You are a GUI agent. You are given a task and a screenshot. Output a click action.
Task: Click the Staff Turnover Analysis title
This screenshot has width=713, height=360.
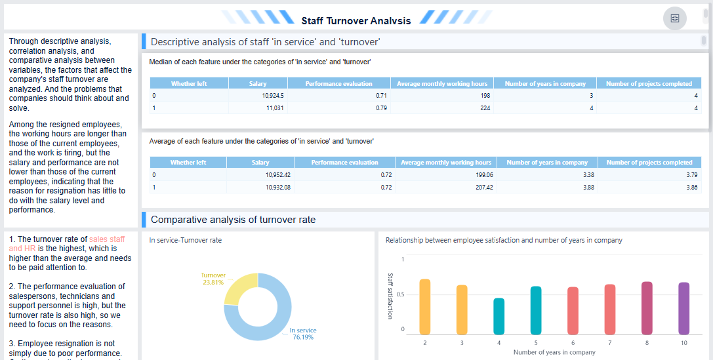click(356, 20)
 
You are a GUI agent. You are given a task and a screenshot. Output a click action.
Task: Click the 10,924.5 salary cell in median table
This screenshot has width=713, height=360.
click(273, 95)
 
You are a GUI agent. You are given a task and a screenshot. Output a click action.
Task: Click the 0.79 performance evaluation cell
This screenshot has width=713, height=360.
click(381, 108)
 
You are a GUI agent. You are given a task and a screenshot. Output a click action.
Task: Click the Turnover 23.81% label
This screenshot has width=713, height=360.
click(213, 279)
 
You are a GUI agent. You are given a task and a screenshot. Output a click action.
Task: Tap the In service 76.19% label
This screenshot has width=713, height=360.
click(302, 334)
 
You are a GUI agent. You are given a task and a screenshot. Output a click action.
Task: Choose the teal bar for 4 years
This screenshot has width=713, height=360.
click(499, 316)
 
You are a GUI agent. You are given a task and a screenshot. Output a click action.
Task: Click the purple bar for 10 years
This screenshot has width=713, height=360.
click(684, 308)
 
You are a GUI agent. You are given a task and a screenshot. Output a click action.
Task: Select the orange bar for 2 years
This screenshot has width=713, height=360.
click(425, 307)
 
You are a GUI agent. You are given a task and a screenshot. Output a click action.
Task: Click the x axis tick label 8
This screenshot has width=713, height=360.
click(647, 343)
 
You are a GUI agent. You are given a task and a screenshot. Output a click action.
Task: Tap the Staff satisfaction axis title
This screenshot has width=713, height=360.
click(390, 296)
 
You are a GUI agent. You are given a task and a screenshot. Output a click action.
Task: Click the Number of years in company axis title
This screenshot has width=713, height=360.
click(554, 352)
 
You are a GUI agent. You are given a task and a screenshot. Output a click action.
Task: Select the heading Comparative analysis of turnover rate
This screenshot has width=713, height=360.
click(233, 220)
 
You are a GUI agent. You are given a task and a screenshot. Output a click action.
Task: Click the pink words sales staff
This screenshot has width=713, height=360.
click(107, 239)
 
